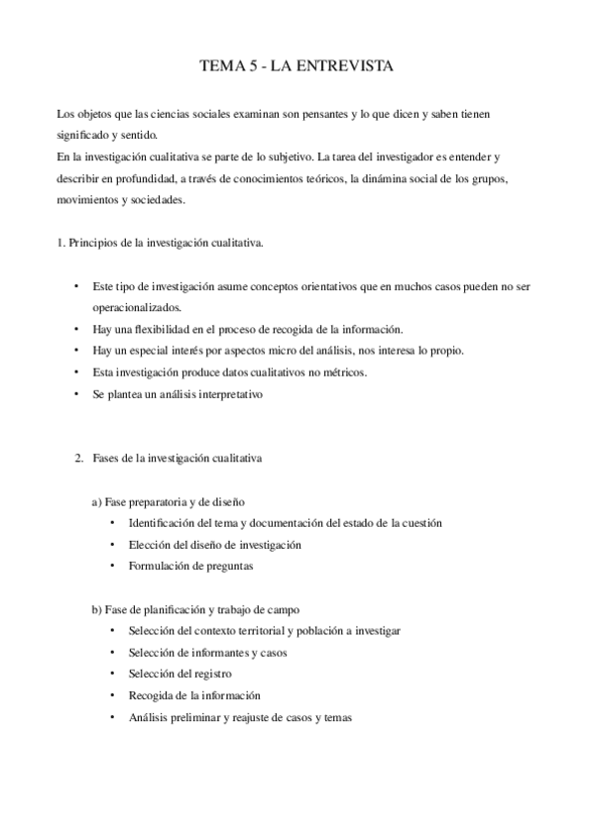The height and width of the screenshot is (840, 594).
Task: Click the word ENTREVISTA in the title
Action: click(x=346, y=67)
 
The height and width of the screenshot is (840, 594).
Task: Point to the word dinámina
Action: click(x=369, y=179)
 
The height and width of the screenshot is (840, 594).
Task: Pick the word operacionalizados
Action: click(x=138, y=307)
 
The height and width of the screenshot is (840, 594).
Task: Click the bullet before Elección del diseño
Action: click(x=113, y=545)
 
